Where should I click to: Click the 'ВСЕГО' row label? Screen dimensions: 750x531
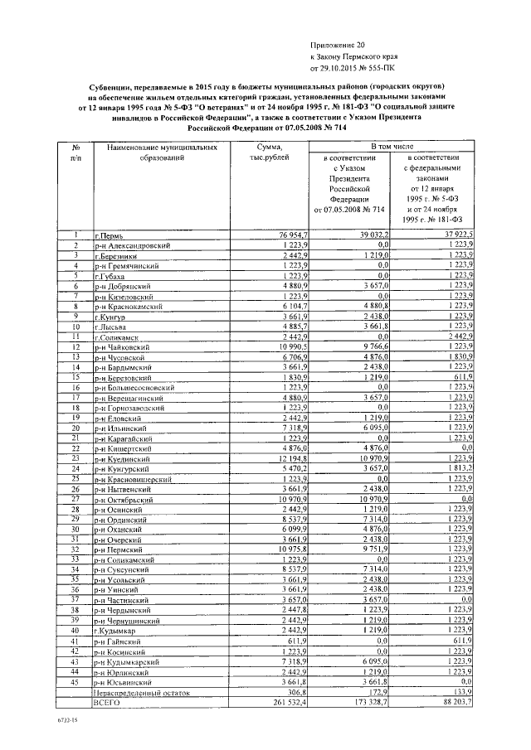(x=109, y=700)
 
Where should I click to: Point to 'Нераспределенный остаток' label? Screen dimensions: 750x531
(x=135, y=690)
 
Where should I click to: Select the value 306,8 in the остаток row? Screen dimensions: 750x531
(x=297, y=690)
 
